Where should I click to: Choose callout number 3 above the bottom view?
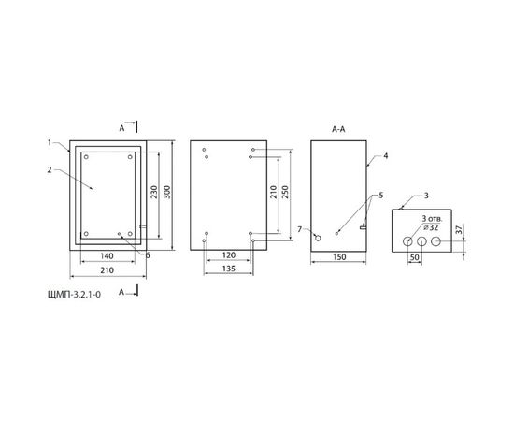coord(426,195)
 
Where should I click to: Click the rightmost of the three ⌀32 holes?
coord(435,241)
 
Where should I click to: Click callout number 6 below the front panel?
coord(148,253)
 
